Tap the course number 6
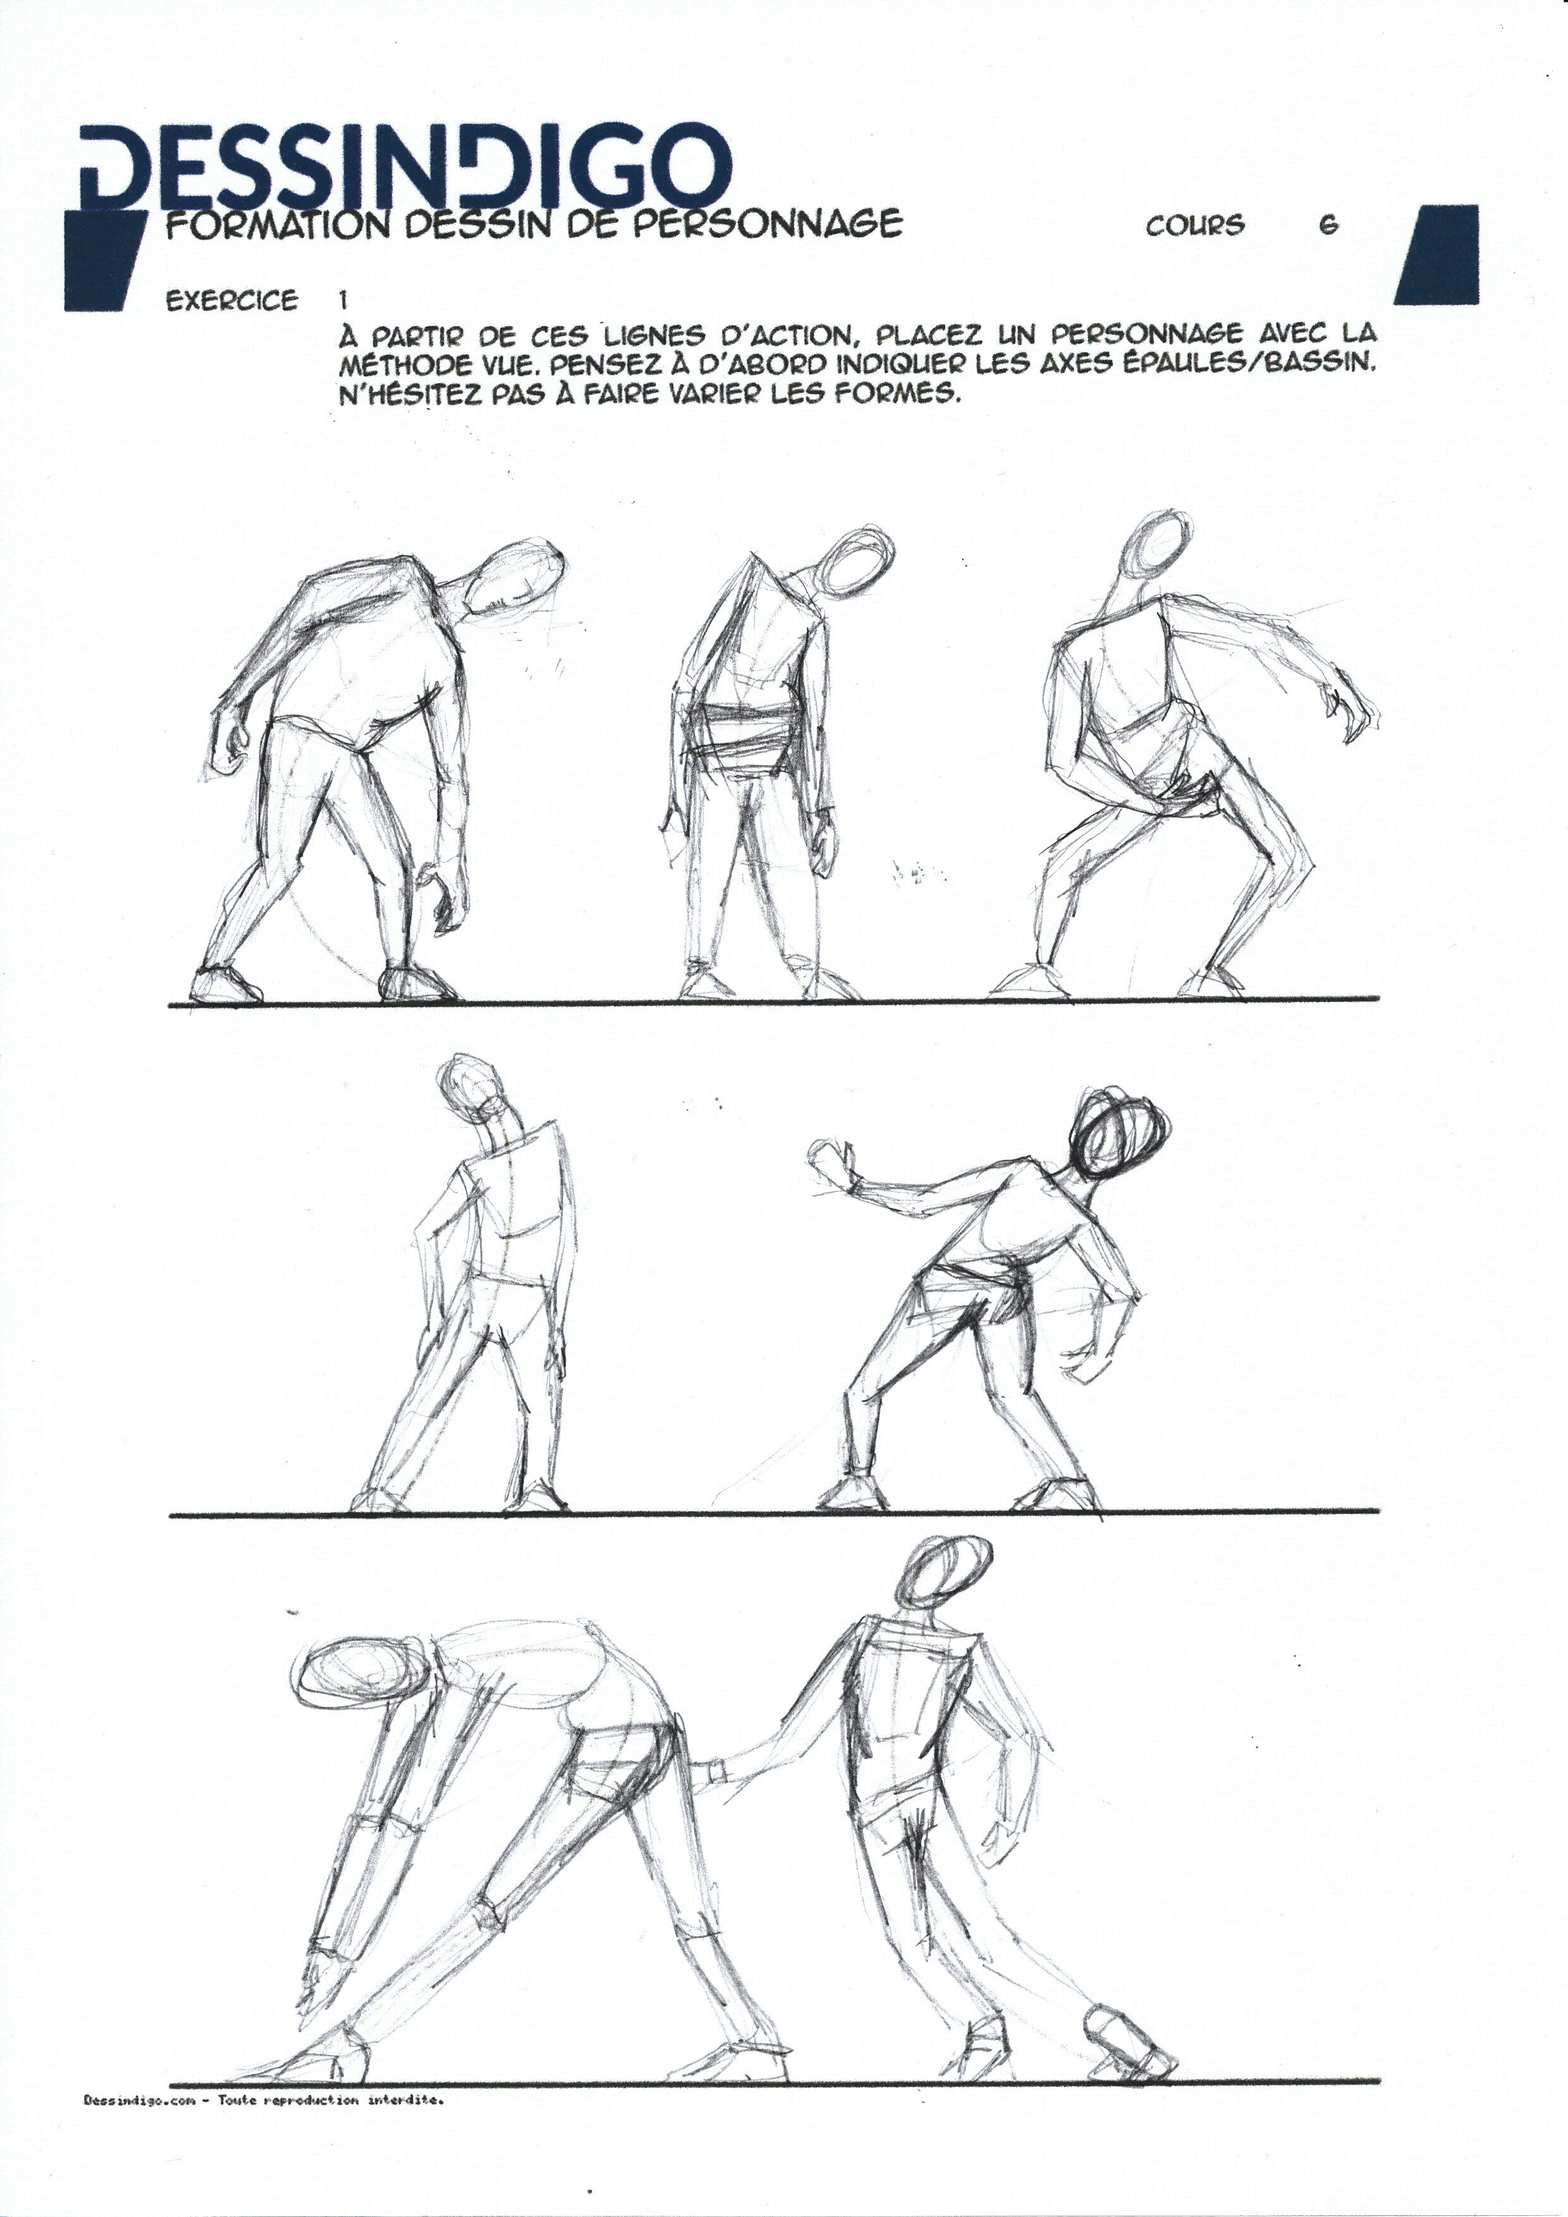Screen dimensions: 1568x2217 (1328, 225)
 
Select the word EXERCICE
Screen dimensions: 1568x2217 (232, 301)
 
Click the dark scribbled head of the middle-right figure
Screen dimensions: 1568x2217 (1121, 1133)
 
